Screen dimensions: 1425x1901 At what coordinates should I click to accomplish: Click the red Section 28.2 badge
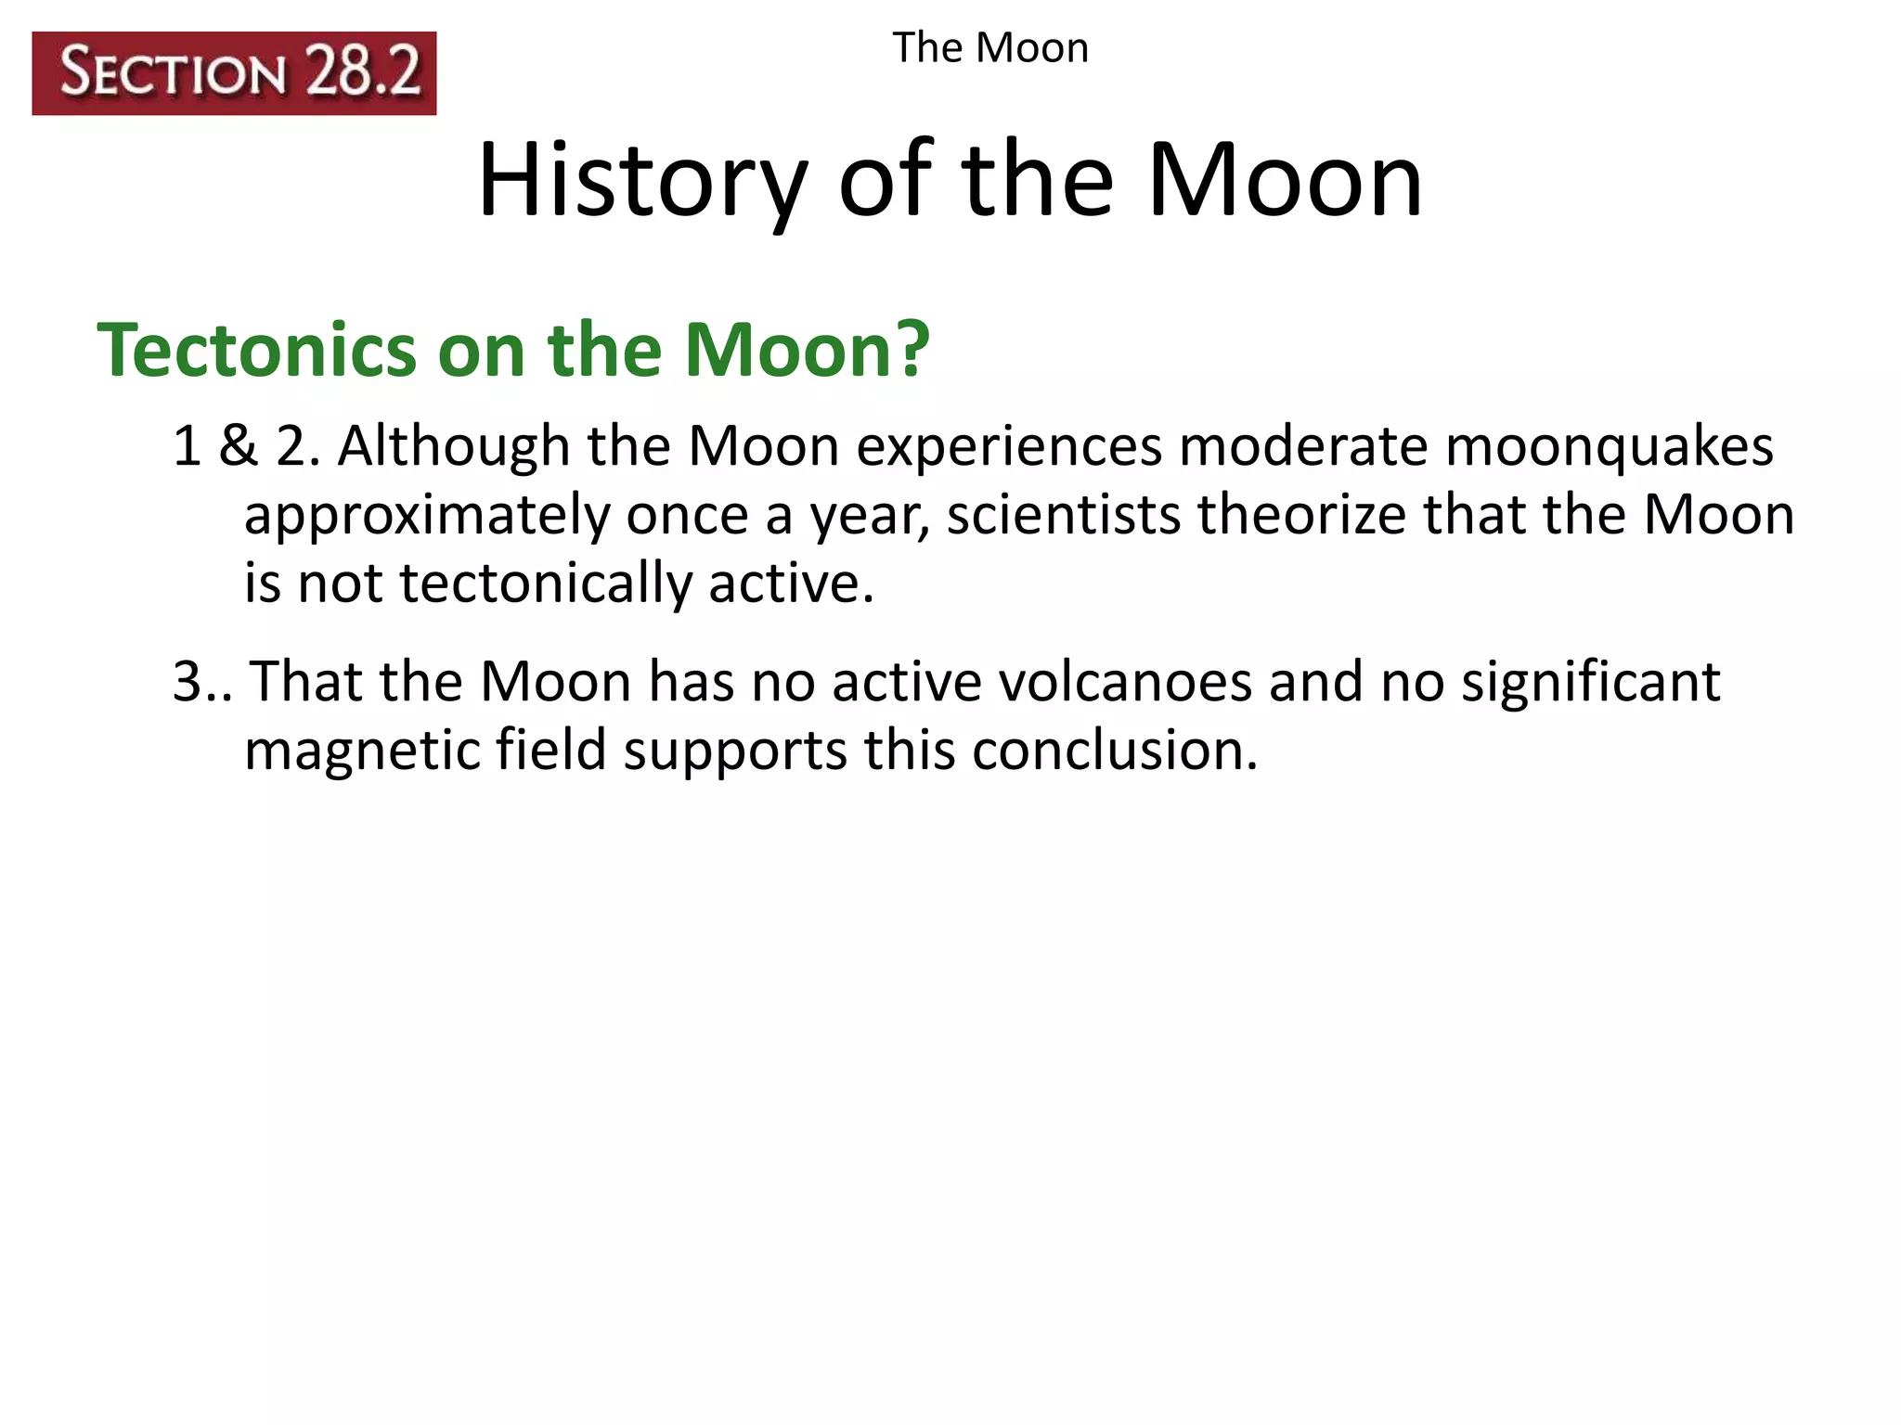point(234,73)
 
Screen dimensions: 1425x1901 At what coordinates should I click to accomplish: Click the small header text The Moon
point(989,48)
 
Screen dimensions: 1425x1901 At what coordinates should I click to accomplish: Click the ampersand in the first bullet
point(238,446)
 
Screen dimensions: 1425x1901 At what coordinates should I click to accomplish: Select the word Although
point(453,446)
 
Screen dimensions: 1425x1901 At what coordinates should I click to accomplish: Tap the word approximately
point(426,517)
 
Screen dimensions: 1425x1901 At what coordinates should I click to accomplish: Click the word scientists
point(1063,515)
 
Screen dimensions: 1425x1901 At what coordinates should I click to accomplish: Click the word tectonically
point(545,584)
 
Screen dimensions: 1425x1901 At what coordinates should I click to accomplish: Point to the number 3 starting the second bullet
point(188,682)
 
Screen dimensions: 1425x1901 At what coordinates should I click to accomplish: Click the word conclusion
point(1114,750)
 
